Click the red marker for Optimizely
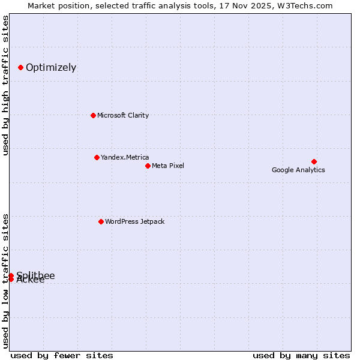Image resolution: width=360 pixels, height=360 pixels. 20,67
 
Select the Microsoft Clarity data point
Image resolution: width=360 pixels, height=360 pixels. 93,115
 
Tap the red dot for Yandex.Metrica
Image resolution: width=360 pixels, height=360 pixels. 97,157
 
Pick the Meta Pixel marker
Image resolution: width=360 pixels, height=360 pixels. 148,166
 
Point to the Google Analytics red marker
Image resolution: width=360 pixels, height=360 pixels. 314,161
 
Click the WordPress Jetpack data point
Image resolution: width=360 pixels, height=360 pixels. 101,221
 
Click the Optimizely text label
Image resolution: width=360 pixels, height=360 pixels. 51,67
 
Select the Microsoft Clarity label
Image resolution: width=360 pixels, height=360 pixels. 123,115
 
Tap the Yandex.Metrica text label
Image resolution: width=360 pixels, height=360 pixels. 125,157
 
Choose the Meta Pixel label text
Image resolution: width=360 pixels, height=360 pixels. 168,166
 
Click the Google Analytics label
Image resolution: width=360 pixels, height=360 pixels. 298,170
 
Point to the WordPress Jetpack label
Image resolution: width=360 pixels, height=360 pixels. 134,221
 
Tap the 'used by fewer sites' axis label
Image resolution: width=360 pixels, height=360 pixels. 62,355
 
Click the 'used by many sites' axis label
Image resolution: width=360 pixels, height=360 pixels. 301,355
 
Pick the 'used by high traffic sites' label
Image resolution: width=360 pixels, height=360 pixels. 6,85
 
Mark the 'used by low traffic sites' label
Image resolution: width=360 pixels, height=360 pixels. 6,281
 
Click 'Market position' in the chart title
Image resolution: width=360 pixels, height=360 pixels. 56,6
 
